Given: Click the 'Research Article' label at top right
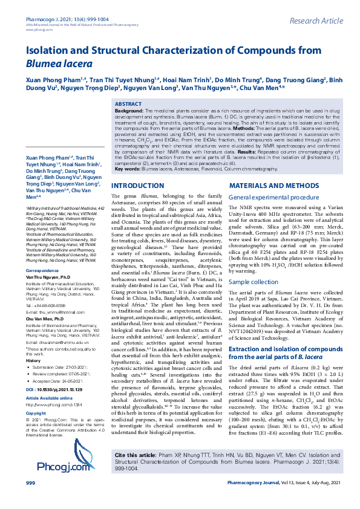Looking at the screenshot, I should click(316, 21).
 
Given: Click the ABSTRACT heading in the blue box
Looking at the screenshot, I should click(128, 104).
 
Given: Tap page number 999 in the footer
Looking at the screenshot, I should click(30, 501).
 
